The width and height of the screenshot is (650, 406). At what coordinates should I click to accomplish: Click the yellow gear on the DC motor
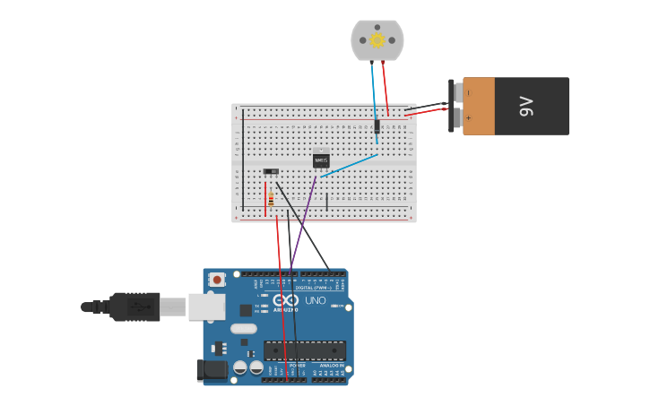click(x=377, y=39)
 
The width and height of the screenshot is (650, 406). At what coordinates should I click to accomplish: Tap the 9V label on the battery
click(x=526, y=106)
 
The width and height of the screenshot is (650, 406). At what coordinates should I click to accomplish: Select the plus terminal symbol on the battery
click(x=468, y=117)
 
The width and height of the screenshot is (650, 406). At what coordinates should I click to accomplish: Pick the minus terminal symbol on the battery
click(x=468, y=92)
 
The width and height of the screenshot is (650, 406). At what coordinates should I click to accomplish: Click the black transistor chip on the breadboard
click(x=321, y=160)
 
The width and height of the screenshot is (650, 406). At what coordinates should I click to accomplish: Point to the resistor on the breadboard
click(x=271, y=199)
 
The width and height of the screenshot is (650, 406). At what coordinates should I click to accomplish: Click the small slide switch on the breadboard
click(x=270, y=171)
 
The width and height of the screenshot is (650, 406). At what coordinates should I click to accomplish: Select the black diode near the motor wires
click(x=377, y=126)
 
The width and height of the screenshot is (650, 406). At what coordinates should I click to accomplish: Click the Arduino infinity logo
click(x=285, y=301)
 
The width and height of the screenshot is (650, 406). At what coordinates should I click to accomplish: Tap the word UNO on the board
click(x=316, y=300)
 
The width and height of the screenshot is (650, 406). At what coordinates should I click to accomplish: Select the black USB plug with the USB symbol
click(x=134, y=307)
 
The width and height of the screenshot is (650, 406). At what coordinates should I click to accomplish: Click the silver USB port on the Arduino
click(x=206, y=307)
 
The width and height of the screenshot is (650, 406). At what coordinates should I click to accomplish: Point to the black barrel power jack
click(x=212, y=369)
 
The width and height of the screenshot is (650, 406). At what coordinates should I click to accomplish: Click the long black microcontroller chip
click(x=304, y=350)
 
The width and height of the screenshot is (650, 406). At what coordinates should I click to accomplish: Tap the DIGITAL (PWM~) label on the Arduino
click(x=310, y=288)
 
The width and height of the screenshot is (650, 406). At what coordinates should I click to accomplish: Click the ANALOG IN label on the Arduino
click(x=329, y=366)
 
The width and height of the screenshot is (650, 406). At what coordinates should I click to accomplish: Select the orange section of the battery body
click(x=479, y=106)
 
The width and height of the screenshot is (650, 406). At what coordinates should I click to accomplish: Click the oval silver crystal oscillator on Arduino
click(x=243, y=328)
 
